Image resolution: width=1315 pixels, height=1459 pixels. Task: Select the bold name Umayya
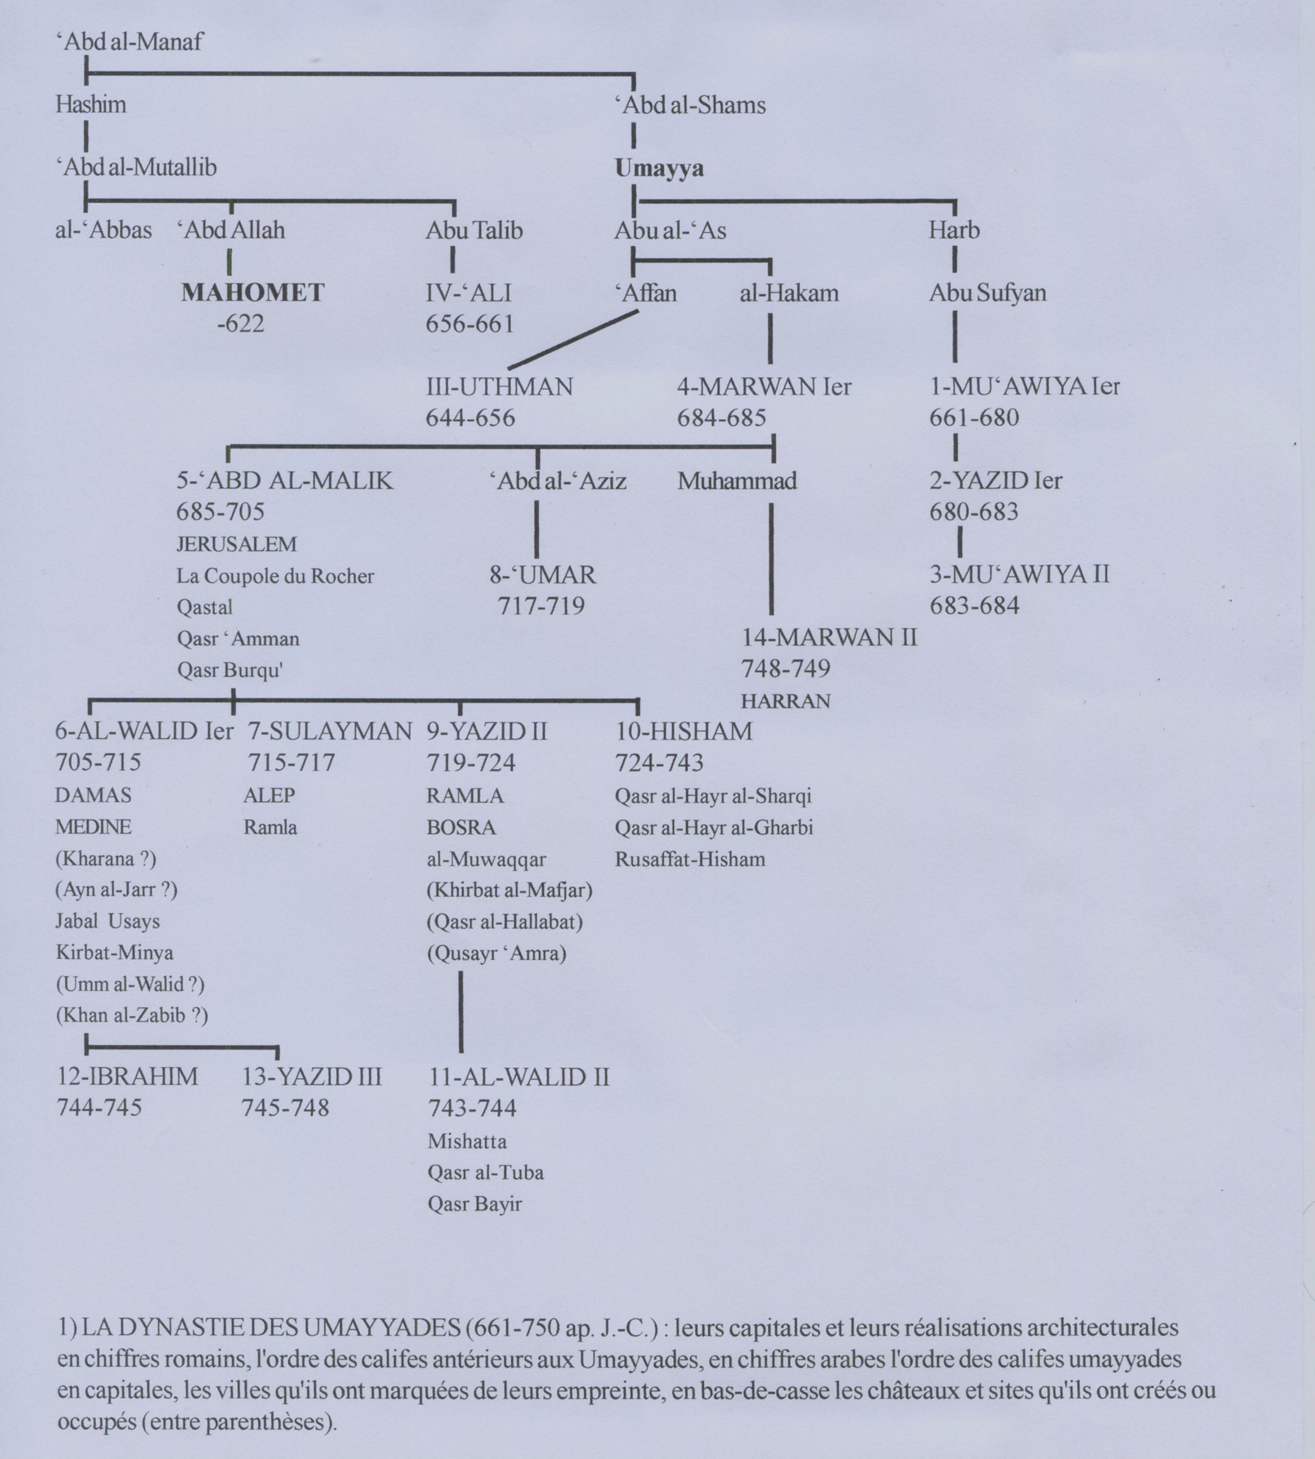[x=659, y=168]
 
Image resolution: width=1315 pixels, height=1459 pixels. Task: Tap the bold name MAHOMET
[x=252, y=292]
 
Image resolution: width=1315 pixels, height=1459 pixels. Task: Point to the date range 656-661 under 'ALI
[x=470, y=324]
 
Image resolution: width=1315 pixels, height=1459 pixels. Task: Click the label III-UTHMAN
[x=499, y=387]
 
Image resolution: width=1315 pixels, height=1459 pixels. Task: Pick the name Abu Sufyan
[x=987, y=293]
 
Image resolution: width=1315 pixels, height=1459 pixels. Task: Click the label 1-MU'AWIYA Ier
[x=1024, y=386]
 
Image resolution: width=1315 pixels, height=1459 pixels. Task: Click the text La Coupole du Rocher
[x=275, y=576]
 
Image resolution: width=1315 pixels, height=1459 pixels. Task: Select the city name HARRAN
[x=785, y=701]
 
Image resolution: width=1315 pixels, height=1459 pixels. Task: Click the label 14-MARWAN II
[x=829, y=638]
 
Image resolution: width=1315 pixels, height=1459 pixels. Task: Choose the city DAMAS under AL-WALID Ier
[x=93, y=796]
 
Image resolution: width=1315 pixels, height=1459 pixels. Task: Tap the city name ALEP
[x=269, y=796]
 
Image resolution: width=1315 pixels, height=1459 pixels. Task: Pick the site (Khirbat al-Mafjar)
[x=509, y=891]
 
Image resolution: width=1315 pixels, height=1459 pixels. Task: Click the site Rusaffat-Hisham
[x=690, y=860]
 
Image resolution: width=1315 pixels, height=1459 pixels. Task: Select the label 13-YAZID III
[x=311, y=1077]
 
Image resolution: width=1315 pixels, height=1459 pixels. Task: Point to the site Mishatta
[x=467, y=1141]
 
